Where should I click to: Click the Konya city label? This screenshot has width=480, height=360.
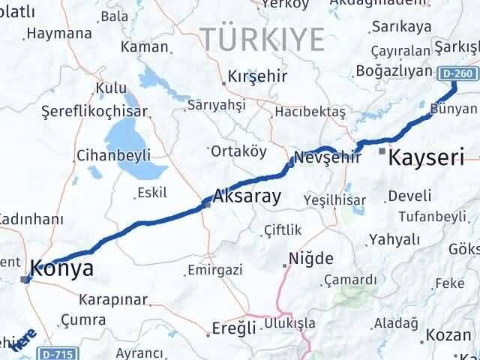62,268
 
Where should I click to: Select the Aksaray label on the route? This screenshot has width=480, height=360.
247,197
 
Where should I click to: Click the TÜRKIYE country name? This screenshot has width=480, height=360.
262,37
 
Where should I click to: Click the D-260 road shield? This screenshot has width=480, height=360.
456,73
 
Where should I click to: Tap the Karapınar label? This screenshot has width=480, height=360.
113,298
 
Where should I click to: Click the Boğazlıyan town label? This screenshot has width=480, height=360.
394,72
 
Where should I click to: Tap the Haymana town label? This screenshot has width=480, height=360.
59,34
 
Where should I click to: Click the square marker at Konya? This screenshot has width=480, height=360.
25,280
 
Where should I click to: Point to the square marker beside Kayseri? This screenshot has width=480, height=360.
382,152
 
